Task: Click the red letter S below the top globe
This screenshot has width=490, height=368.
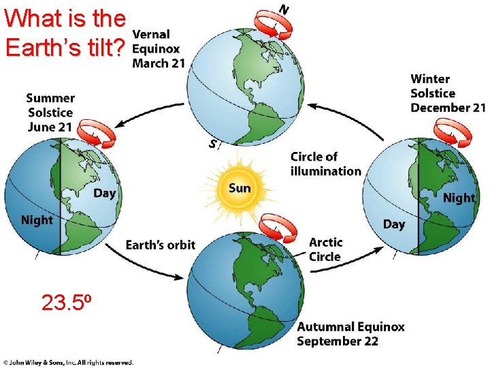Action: click(214, 144)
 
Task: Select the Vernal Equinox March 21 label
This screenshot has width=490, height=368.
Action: click(157, 48)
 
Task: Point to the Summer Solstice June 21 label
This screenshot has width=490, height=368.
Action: click(50, 112)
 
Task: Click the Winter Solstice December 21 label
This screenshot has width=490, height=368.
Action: click(447, 93)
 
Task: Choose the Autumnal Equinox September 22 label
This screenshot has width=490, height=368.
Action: click(350, 334)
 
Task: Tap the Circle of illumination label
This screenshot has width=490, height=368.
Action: click(325, 164)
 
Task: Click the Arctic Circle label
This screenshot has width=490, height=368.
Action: click(325, 249)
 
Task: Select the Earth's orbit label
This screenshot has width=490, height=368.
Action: click(161, 245)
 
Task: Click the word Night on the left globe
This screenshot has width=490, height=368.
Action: click(37, 220)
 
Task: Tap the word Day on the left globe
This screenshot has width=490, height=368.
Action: click(104, 194)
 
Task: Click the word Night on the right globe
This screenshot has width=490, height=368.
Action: click(459, 198)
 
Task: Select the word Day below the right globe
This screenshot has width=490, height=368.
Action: click(394, 224)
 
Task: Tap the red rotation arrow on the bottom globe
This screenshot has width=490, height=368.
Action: click(280, 228)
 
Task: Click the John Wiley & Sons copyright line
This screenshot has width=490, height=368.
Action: click(67, 362)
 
